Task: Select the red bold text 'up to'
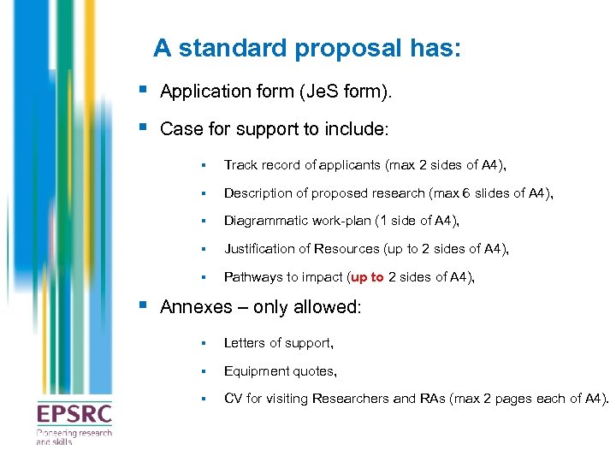[368, 277]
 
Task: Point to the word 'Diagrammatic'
[263, 221]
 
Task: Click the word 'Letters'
[245, 343]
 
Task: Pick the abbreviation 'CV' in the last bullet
[233, 399]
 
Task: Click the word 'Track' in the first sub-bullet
[240, 165]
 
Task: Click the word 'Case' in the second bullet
[179, 129]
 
